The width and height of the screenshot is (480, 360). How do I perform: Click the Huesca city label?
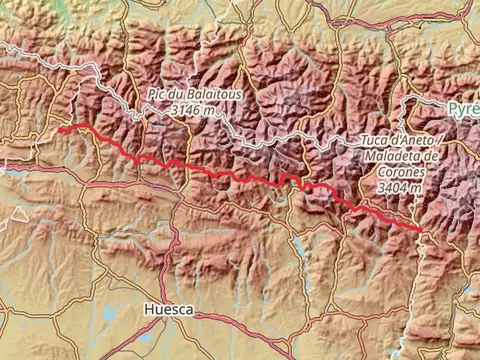tap(167, 310)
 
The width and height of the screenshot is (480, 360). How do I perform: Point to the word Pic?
tap(156, 93)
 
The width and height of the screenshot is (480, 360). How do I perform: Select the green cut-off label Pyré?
tap(463, 107)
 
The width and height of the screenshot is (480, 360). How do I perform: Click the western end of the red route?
tap(60, 129)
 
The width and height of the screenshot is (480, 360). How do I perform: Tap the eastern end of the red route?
tap(420, 230)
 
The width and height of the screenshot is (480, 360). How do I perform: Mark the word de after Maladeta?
tap(431, 157)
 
